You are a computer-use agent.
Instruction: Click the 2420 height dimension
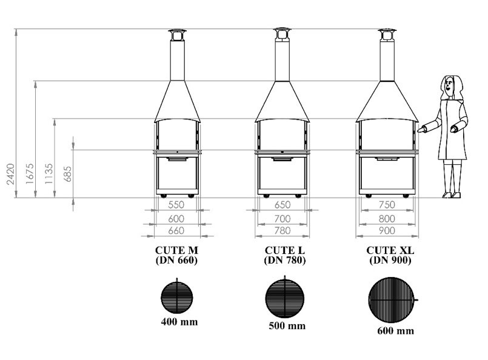pos(11,174)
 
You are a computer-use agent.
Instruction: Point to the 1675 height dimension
pos(30,174)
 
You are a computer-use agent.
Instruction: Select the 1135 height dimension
pos(49,174)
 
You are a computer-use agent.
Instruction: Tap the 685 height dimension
pos(67,175)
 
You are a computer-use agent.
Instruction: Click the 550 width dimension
pos(176,205)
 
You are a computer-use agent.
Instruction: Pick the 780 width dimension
pos(282,230)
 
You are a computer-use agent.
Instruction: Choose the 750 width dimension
pos(387,205)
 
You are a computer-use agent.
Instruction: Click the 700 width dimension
pos(282,219)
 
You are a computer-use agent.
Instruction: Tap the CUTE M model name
pos(176,250)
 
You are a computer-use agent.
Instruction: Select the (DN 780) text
pos(285,260)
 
